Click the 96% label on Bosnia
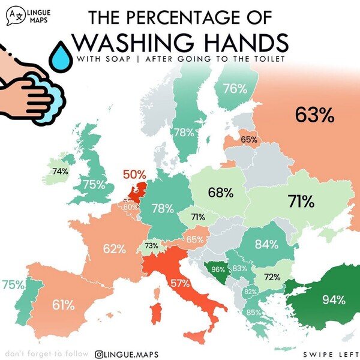tap(218, 269)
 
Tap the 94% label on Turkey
tap(333, 299)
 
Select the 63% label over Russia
tap(314, 115)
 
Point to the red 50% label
tap(134, 175)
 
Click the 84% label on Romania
tap(266, 244)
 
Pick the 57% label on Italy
tap(179, 283)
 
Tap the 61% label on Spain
tap(62, 305)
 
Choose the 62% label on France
tap(114, 248)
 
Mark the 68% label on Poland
tap(221, 193)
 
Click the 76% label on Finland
tap(235, 89)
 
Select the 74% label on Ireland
tap(59, 171)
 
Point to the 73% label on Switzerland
tap(151, 246)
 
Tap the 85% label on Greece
tap(253, 312)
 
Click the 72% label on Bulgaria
tap(273, 277)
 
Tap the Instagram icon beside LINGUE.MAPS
tap(101, 355)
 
